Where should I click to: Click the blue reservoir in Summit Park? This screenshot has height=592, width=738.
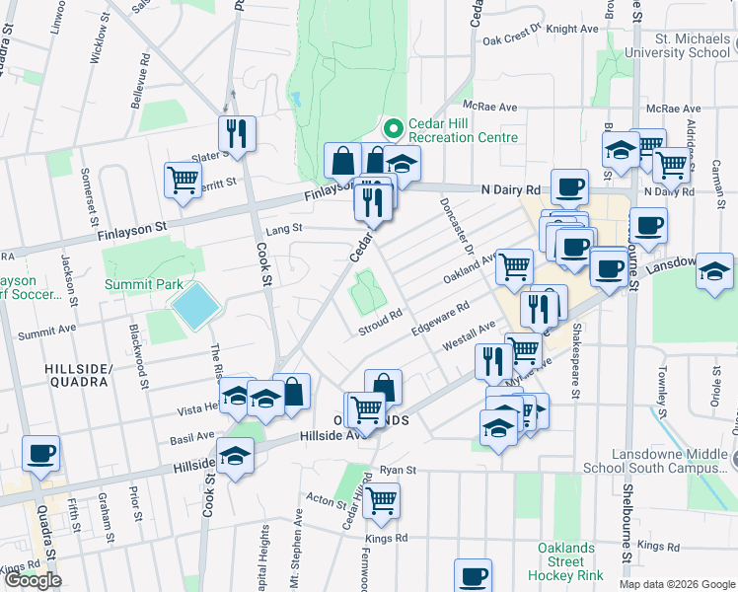click(195, 307)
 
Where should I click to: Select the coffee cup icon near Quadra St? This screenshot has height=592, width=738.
click(41, 454)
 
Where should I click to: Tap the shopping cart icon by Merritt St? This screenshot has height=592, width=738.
click(183, 180)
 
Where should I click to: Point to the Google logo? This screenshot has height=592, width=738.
click(33, 580)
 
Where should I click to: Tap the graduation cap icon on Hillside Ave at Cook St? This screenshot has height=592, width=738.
click(236, 455)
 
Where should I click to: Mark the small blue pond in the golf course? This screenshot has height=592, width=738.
click(294, 99)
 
